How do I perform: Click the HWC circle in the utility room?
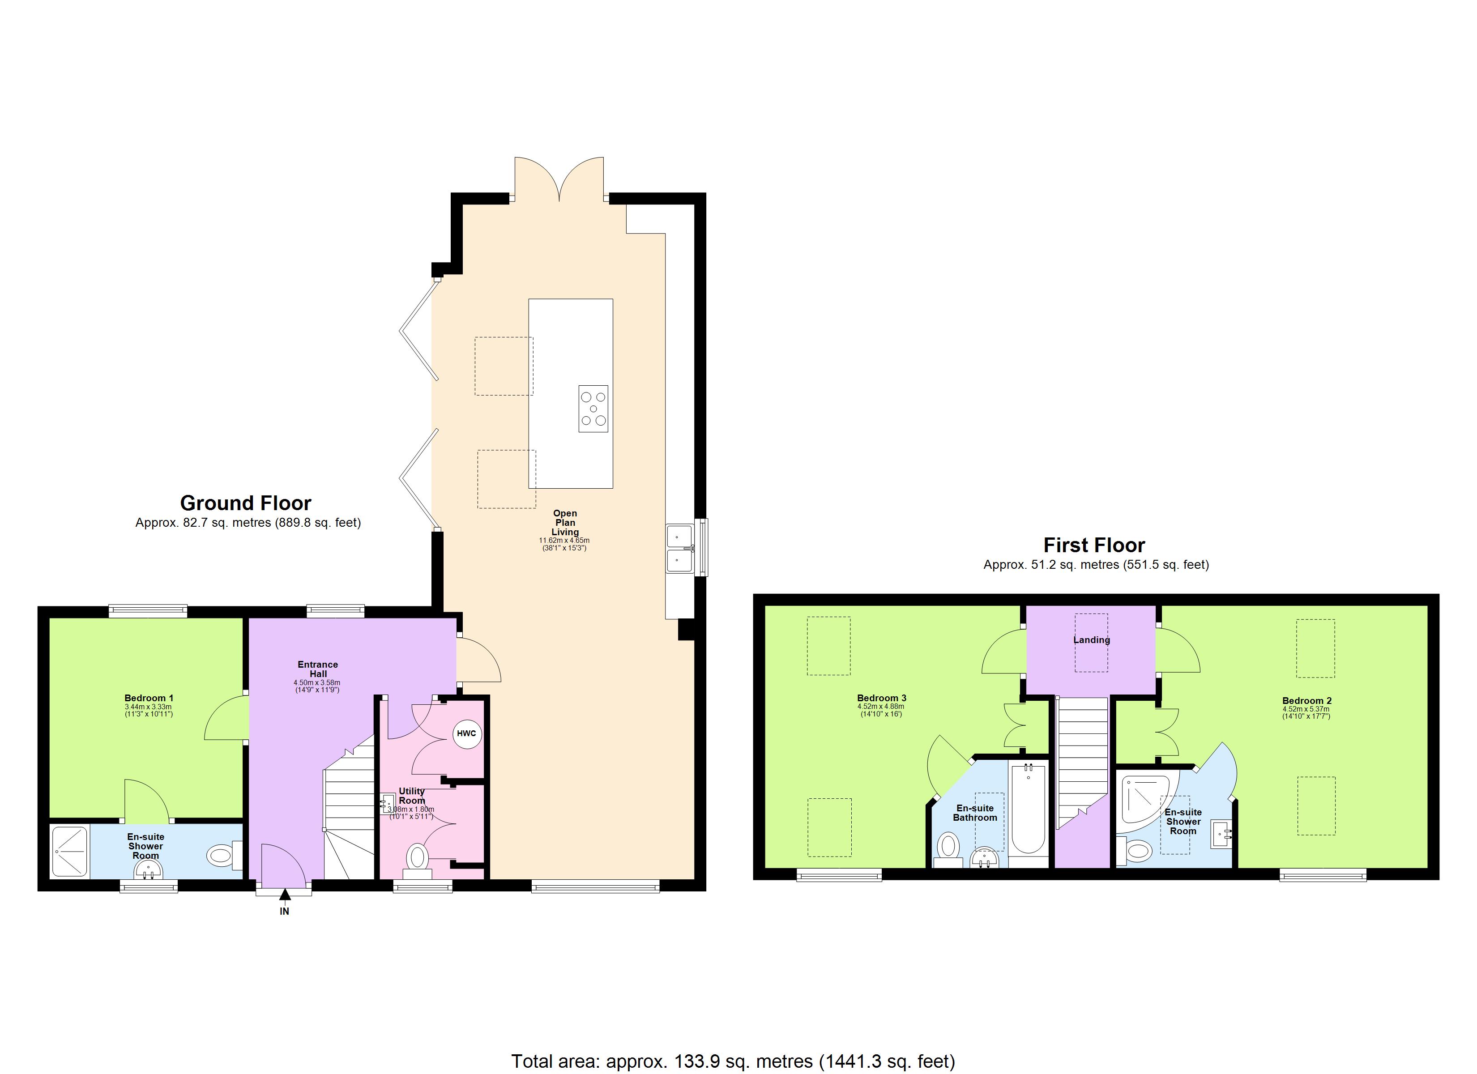[466, 733]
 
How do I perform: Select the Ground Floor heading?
[246, 503]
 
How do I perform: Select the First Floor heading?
[1094, 545]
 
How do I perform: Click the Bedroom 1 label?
[149, 698]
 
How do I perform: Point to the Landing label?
[1092, 639]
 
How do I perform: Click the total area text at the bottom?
[733, 1061]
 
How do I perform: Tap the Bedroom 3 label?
[881, 698]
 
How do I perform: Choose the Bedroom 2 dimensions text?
[1306, 712]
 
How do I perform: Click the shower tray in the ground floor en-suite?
[69, 851]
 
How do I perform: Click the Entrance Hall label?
[318, 669]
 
